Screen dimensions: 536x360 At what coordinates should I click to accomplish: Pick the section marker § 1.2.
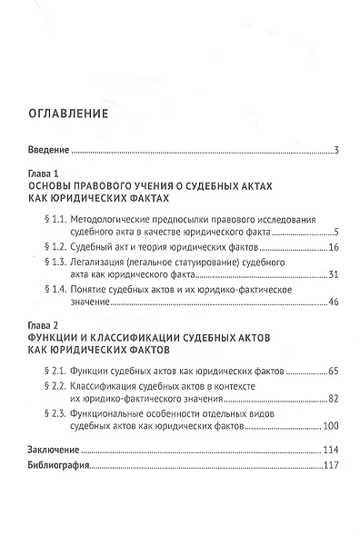pos(56,246)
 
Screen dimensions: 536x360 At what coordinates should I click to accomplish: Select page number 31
pos(333,274)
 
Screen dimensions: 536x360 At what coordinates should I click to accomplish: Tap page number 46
pos(333,303)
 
